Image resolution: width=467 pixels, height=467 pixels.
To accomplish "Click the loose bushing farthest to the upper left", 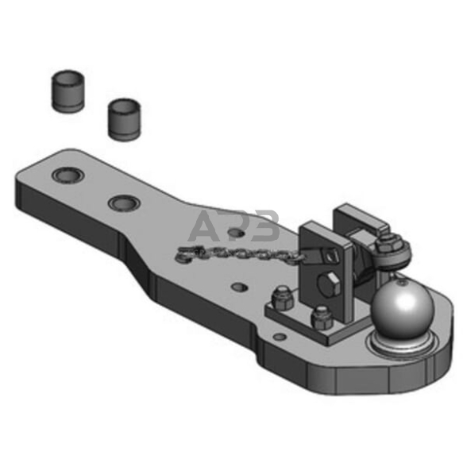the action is (68, 91).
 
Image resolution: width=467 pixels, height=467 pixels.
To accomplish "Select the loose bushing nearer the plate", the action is (125, 119).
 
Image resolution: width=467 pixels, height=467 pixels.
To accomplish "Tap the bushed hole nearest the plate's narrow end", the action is (68, 175).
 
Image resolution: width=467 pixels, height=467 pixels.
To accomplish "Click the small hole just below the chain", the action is (240, 288).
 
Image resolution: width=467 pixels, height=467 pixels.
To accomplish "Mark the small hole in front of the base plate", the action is (280, 337).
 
